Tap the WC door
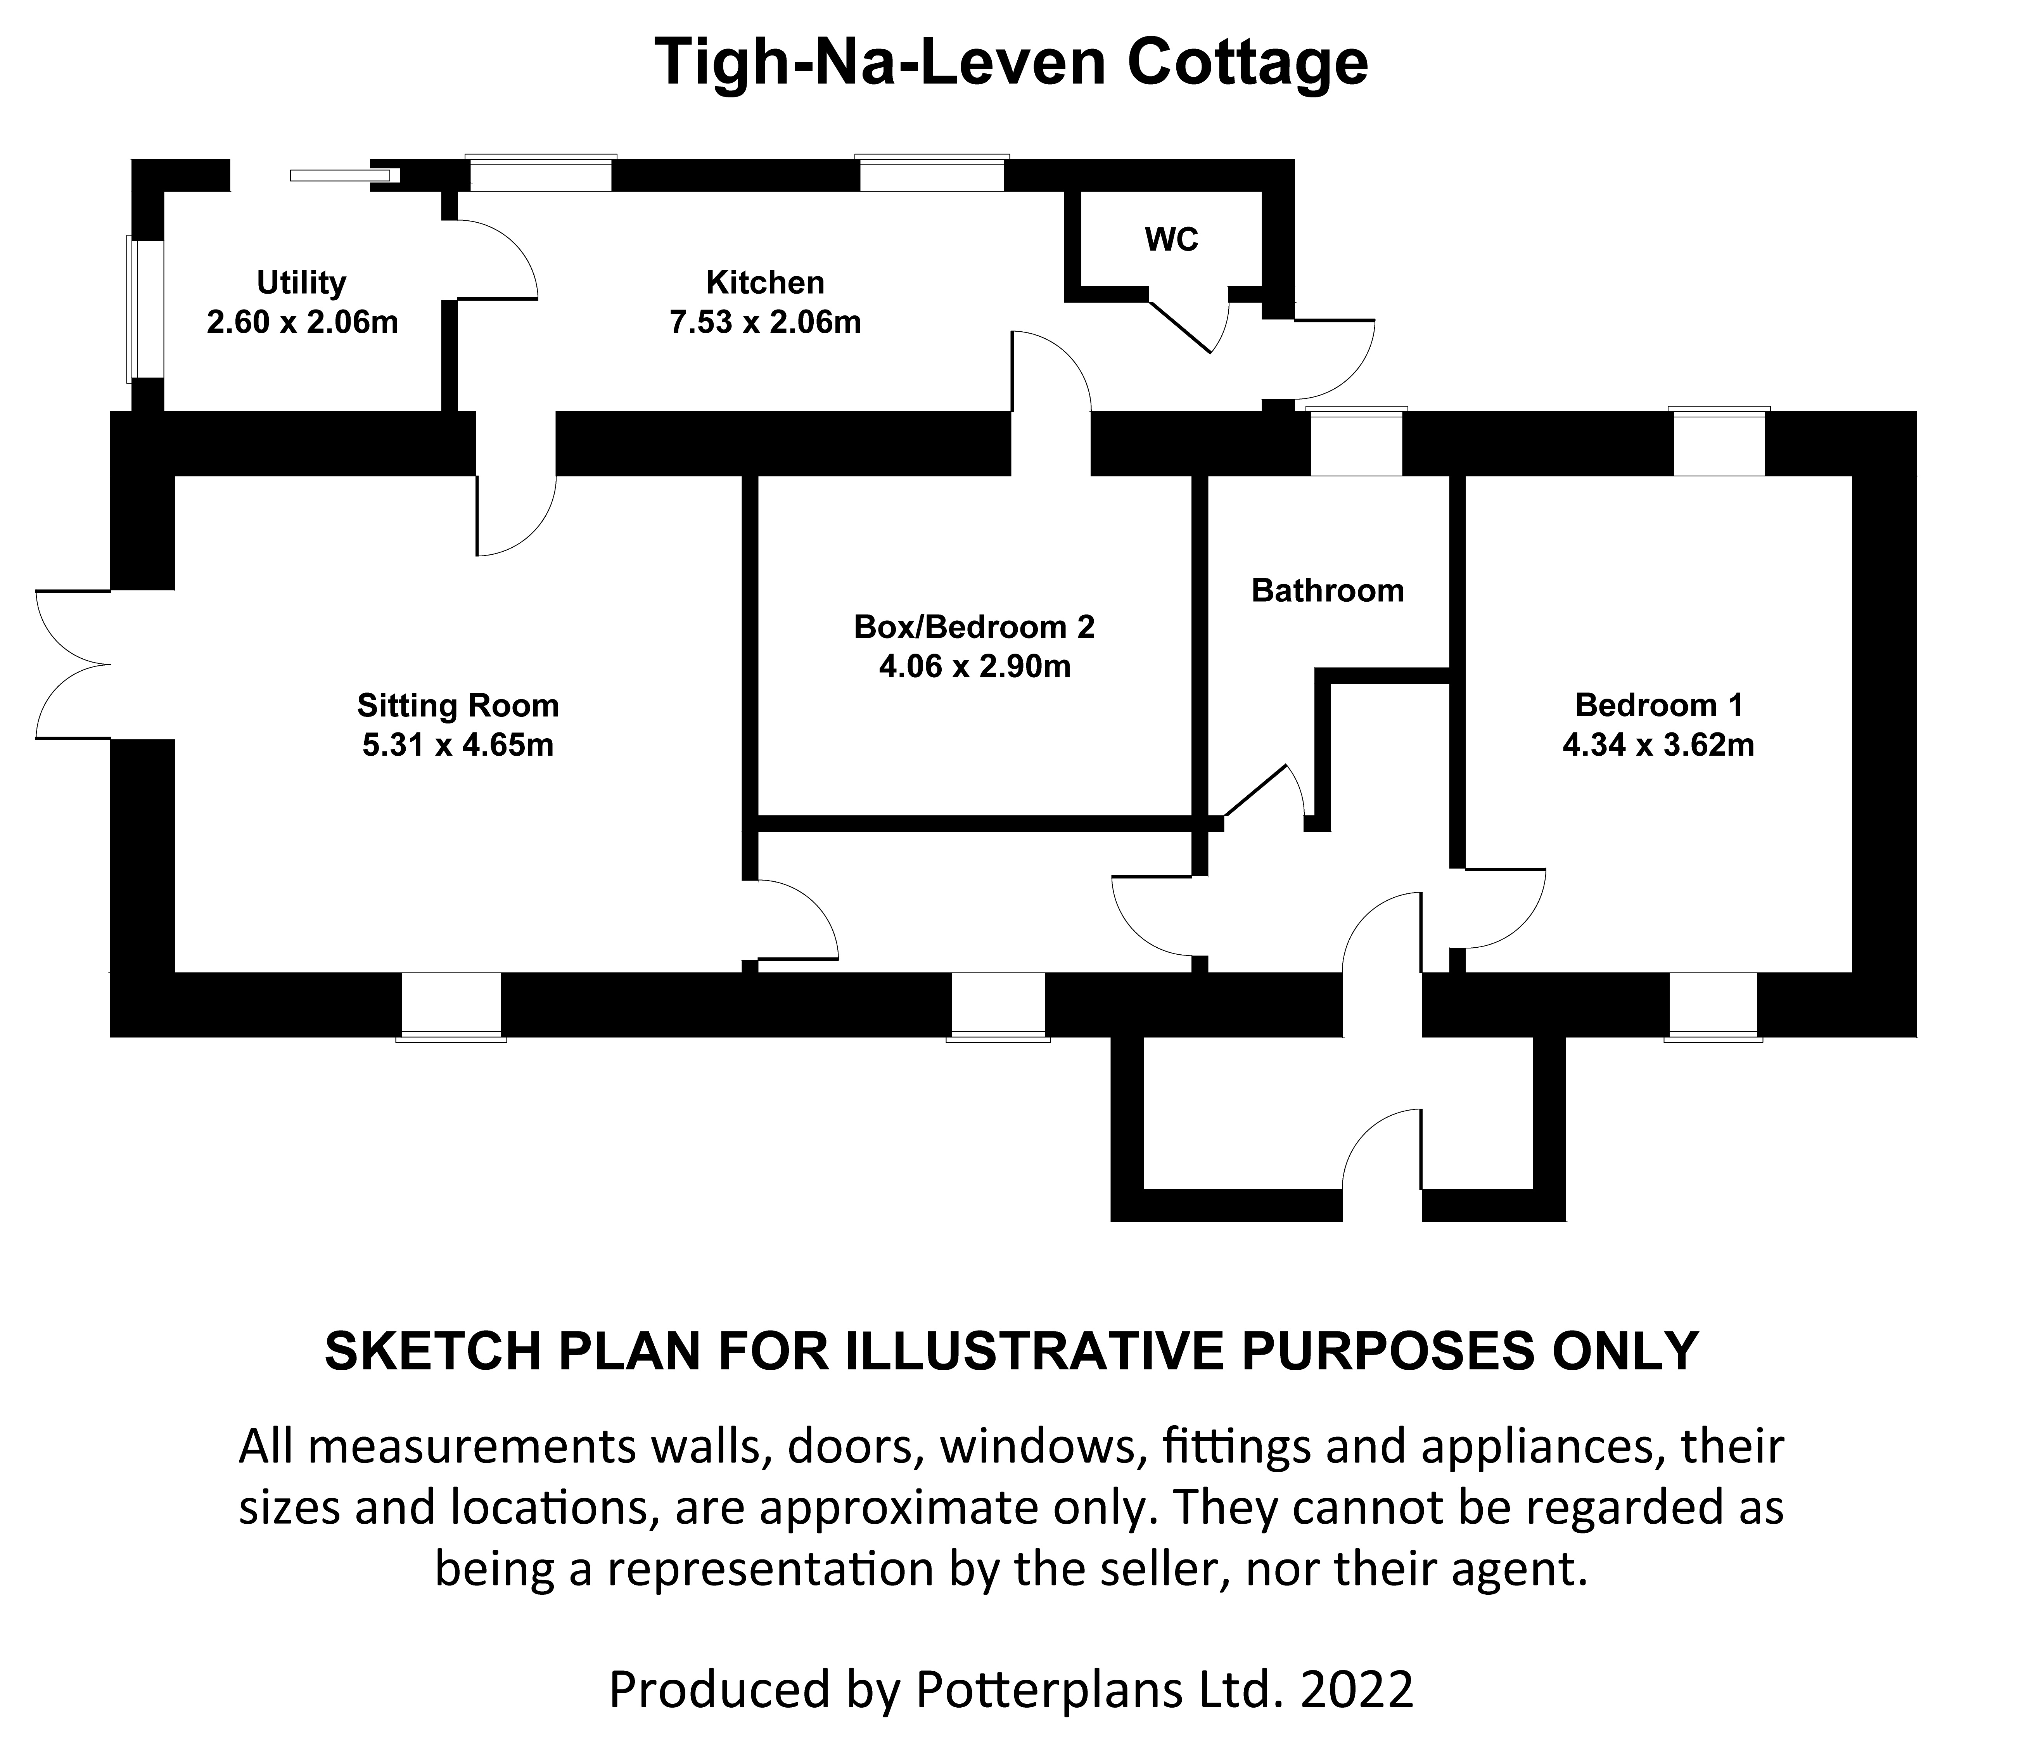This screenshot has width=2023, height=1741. [x=1186, y=322]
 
